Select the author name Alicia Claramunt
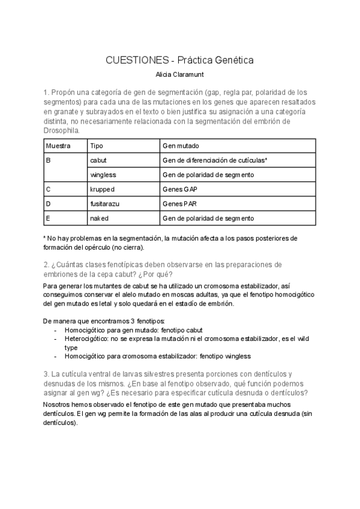tap(180, 76)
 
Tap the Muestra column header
tap(58, 146)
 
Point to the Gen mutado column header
tap(181, 146)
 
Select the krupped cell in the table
tap(102, 189)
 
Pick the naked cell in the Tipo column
tap(99, 218)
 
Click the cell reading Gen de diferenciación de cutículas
tap(214, 161)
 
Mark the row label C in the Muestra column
tap(48, 189)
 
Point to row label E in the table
tap(48, 218)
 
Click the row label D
tap(48, 203)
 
